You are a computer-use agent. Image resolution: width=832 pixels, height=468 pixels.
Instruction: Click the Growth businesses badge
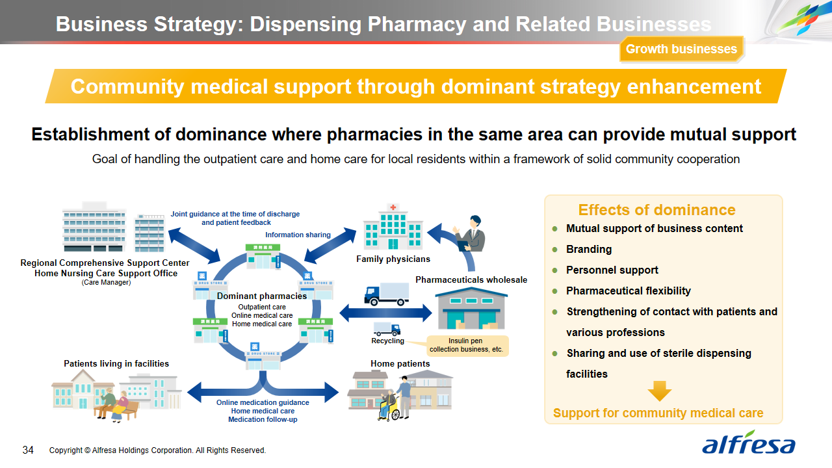(x=681, y=49)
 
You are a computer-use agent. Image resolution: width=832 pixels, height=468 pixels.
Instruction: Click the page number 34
(x=28, y=450)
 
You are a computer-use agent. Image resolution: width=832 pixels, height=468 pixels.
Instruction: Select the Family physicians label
(x=393, y=259)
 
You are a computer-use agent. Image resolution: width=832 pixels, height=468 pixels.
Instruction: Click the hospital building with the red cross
(x=393, y=227)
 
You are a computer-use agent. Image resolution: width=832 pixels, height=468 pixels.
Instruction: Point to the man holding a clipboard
(x=471, y=235)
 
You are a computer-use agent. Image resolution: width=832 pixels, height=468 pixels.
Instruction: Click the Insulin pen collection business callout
(x=466, y=345)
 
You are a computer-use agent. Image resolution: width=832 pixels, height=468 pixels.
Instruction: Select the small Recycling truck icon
(x=387, y=329)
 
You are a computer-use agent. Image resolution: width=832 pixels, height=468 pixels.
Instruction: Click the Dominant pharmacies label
(x=262, y=296)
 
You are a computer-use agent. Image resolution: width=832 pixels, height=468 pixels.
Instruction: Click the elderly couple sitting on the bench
(x=114, y=405)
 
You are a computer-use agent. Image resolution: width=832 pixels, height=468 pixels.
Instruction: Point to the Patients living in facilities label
(x=116, y=364)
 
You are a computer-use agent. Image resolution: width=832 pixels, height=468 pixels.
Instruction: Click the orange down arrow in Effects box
(x=659, y=391)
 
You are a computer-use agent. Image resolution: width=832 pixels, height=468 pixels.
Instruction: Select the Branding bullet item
(x=588, y=250)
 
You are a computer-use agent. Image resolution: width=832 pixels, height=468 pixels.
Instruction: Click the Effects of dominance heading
(x=656, y=210)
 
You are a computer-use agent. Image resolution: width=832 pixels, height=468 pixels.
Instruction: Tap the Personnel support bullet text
(x=612, y=270)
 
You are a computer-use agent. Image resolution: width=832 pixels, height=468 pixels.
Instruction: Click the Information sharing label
(x=298, y=235)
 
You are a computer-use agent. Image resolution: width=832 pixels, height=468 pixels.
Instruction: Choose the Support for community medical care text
(x=658, y=413)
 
